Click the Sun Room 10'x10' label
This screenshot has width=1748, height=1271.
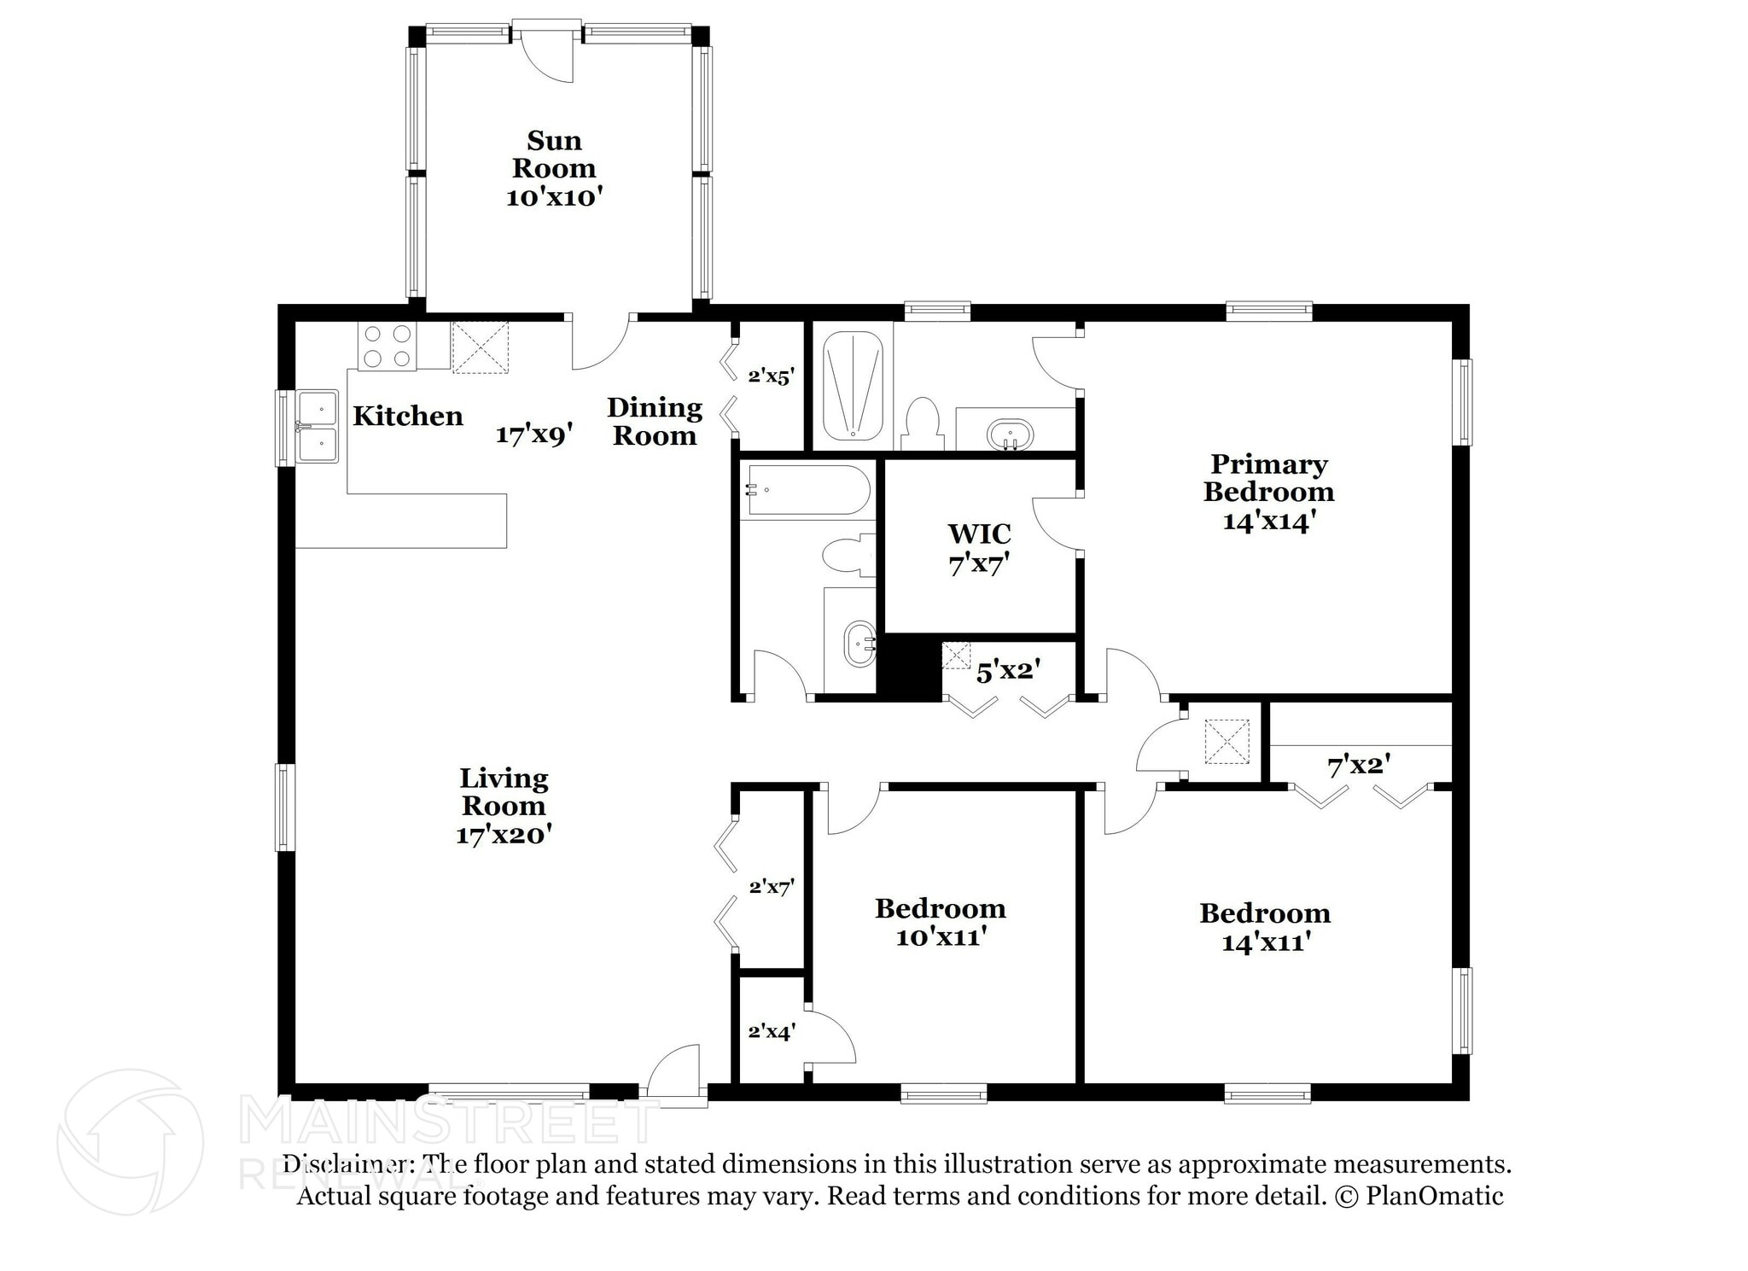pyautogui.click(x=554, y=168)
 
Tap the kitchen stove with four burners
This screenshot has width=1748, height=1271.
pyautogui.click(x=387, y=347)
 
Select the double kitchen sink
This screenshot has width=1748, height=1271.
pyautogui.click(x=318, y=426)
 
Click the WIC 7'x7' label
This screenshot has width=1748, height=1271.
pyautogui.click(x=979, y=548)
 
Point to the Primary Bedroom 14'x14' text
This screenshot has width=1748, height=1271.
pyautogui.click(x=1268, y=493)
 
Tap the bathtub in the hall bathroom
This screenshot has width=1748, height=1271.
pyautogui.click(x=807, y=490)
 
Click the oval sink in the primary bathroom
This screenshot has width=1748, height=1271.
pyautogui.click(x=1010, y=434)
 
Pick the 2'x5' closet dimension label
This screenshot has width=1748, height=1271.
pyautogui.click(x=771, y=376)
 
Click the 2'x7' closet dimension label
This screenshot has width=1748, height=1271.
pyautogui.click(x=772, y=887)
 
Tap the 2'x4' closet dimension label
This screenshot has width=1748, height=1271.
pyautogui.click(x=772, y=1031)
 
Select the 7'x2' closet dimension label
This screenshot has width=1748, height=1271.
pyautogui.click(x=1359, y=766)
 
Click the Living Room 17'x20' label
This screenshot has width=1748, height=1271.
pyautogui.click(x=504, y=806)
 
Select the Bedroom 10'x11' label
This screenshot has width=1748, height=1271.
pyautogui.click(x=941, y=922)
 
